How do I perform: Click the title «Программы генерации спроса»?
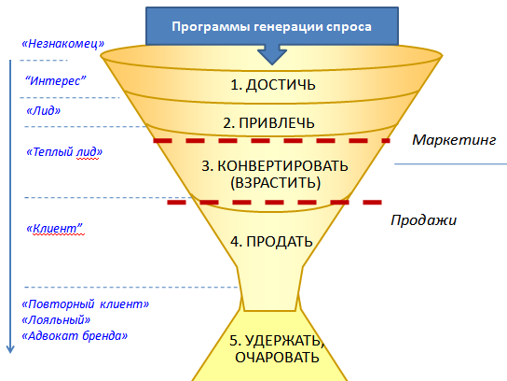click(x=271, y=26)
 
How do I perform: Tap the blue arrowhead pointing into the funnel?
click(x=272, y=56)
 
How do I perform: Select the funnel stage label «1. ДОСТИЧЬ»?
click(x=273, y=85)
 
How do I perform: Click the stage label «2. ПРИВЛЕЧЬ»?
click(x=268, y=123)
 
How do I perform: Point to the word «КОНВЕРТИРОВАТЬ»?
click(x=282, y=166)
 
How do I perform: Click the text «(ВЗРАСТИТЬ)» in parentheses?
click(x=276, y=183)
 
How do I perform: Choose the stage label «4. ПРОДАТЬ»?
click(x=271, y=242)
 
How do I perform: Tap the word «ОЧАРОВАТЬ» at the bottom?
click(x=277, y=358)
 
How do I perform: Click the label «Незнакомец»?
click(x=63, y=43)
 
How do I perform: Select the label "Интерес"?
click(x=56, y=80)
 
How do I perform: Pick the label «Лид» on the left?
click(x=43, y=111)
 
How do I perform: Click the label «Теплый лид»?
click(x=64, y=151)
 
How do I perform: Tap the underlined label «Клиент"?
click(x=54, y=229)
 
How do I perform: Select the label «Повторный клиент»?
click(x=86, y=304)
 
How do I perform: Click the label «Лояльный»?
click(x=56, y=320)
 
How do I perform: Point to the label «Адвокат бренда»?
click(x=75, y=335)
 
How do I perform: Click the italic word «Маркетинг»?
click(x=454, y=140)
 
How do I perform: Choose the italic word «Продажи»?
click(x=423, y=220)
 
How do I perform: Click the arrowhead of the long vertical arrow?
click(x=10, y=349)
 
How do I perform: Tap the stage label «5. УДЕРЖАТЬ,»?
click(x=277, y=341)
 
